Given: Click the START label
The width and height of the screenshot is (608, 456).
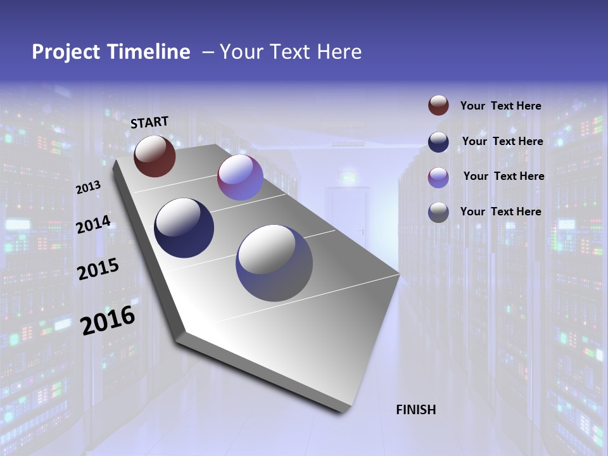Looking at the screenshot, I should (x=149, y=122).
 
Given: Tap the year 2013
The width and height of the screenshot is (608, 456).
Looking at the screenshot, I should (x=89, y=187).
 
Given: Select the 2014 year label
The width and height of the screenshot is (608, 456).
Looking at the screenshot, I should (x=93, y=225).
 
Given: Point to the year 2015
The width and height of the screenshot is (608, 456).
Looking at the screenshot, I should (x=98, y=269).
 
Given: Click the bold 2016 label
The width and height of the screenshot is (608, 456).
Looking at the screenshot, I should (x=108, y=320).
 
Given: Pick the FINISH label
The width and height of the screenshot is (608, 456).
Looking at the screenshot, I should (x=416, y=410).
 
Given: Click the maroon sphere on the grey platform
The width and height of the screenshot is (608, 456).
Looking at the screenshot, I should (x=155, y=156).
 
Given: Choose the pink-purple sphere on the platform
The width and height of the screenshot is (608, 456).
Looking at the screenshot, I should (x=240, y=177).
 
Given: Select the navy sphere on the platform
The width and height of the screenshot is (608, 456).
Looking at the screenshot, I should (x=184, y=228).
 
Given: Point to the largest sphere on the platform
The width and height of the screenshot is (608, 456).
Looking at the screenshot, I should (x=274, y=263).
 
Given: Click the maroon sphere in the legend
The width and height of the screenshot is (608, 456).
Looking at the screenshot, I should (x=438, y=106).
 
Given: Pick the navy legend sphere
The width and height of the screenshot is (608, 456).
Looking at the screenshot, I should (x=438, y=142).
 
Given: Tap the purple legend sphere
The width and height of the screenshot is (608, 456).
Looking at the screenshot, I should (x=438, y=177).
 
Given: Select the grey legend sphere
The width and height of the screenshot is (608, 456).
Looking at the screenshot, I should (x=438, y=212).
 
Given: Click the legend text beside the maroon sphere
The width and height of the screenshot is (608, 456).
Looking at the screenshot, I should (x=500, y=106).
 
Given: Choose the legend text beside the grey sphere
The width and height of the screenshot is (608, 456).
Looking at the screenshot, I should (x=500, y=212).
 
